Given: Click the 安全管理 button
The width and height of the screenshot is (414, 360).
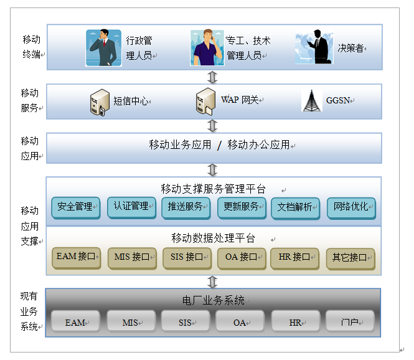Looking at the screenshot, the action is (76, 208).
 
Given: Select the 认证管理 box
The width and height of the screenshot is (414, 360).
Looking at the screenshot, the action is (131, 207).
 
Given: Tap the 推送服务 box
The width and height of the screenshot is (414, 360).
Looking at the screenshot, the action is (186, 208).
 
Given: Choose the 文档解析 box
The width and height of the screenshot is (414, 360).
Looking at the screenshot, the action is (296, 209).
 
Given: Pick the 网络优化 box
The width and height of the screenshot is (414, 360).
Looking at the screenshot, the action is (351, 208).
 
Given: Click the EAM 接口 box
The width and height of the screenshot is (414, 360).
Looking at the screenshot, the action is (77, 258).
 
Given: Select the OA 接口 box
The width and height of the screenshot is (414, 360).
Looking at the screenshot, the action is (242, 258).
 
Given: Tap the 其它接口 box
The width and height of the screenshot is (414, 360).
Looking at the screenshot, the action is (350, 259).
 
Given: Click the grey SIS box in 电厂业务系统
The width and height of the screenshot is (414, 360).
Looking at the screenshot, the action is (186, 321).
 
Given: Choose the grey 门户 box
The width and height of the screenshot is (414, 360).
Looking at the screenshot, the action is (350, 321).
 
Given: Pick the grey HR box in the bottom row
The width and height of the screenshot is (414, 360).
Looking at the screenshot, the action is (296, 321).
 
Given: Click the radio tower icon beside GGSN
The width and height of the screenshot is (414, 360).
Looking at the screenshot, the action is (312, 101).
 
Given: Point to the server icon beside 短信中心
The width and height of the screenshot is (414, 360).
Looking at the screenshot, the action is (100, 102).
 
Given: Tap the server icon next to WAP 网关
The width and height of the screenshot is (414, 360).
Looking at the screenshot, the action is (205, 102).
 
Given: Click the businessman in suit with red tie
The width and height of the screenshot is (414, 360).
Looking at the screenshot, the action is (103, 47).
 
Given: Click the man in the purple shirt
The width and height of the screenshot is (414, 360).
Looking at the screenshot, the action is (207, 47).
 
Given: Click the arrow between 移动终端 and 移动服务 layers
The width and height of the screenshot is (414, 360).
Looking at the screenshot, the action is (212, 77).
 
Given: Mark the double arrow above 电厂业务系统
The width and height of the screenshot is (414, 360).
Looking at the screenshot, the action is (212, 282).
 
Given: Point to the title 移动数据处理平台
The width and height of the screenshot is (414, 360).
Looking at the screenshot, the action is (213, 238).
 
